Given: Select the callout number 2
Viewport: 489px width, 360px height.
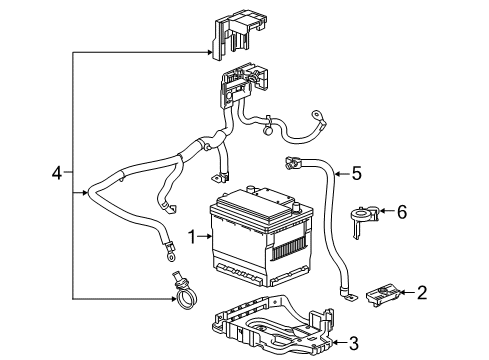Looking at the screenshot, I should [422, 293].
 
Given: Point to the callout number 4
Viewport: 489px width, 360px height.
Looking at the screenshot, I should [58, 174].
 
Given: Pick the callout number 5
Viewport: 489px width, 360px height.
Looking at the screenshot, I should [355, 173].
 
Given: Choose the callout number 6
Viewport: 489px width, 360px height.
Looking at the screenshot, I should [402, 212].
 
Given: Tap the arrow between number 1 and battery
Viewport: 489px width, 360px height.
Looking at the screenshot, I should [208, 237].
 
